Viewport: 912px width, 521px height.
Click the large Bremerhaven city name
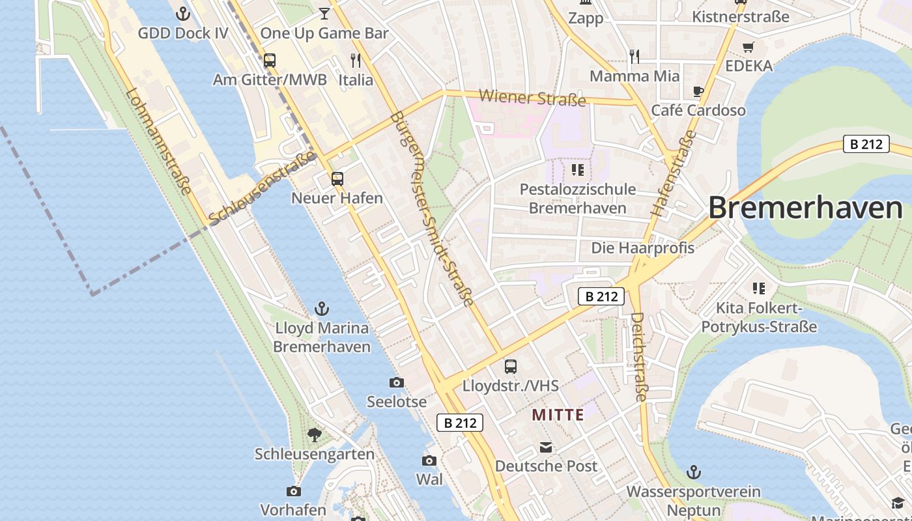pyautogui.click(x=805, y=208)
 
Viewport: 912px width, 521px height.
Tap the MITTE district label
pyautogui.click(x=558, y=414)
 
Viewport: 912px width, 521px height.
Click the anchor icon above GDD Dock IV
pyautogui.click(x=183, y=13)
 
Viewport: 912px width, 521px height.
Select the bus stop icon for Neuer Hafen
pyautogui.click(x=337, y=178)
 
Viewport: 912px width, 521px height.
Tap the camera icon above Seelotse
pyautogui.click(x=396, y=382)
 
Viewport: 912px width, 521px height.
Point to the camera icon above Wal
pyautogui.click(x=429, y=461)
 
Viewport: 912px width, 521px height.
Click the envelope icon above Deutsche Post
pyautogui.click(x=546, y=447)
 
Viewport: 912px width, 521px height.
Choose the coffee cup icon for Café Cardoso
pyautogui.click(x=698, y=91)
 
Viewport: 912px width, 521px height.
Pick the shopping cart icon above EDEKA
pyautogui.click(x=748, y=47)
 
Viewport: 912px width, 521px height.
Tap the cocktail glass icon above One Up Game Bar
pyautogui.click(x=324, y=13)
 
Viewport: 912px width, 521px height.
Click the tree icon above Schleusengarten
pyautogui.click(x=315, y=434)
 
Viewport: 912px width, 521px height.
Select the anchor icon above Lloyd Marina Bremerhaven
pyautogui.click(x=321, y=309)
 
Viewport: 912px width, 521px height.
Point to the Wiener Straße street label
pyautogui.click(x=532, y=98)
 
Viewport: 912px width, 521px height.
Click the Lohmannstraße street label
pyautogui.click(x=160, y=141)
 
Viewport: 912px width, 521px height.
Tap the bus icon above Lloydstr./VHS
pyautogui.click(x=511, y=367)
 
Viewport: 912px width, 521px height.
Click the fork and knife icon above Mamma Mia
pyautogui.click(x=634, y=57)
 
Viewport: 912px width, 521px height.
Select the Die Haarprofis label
pyautogui.click(x=642, y=247)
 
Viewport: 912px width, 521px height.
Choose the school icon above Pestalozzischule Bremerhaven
pyautogui.click(x=577, y=170)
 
